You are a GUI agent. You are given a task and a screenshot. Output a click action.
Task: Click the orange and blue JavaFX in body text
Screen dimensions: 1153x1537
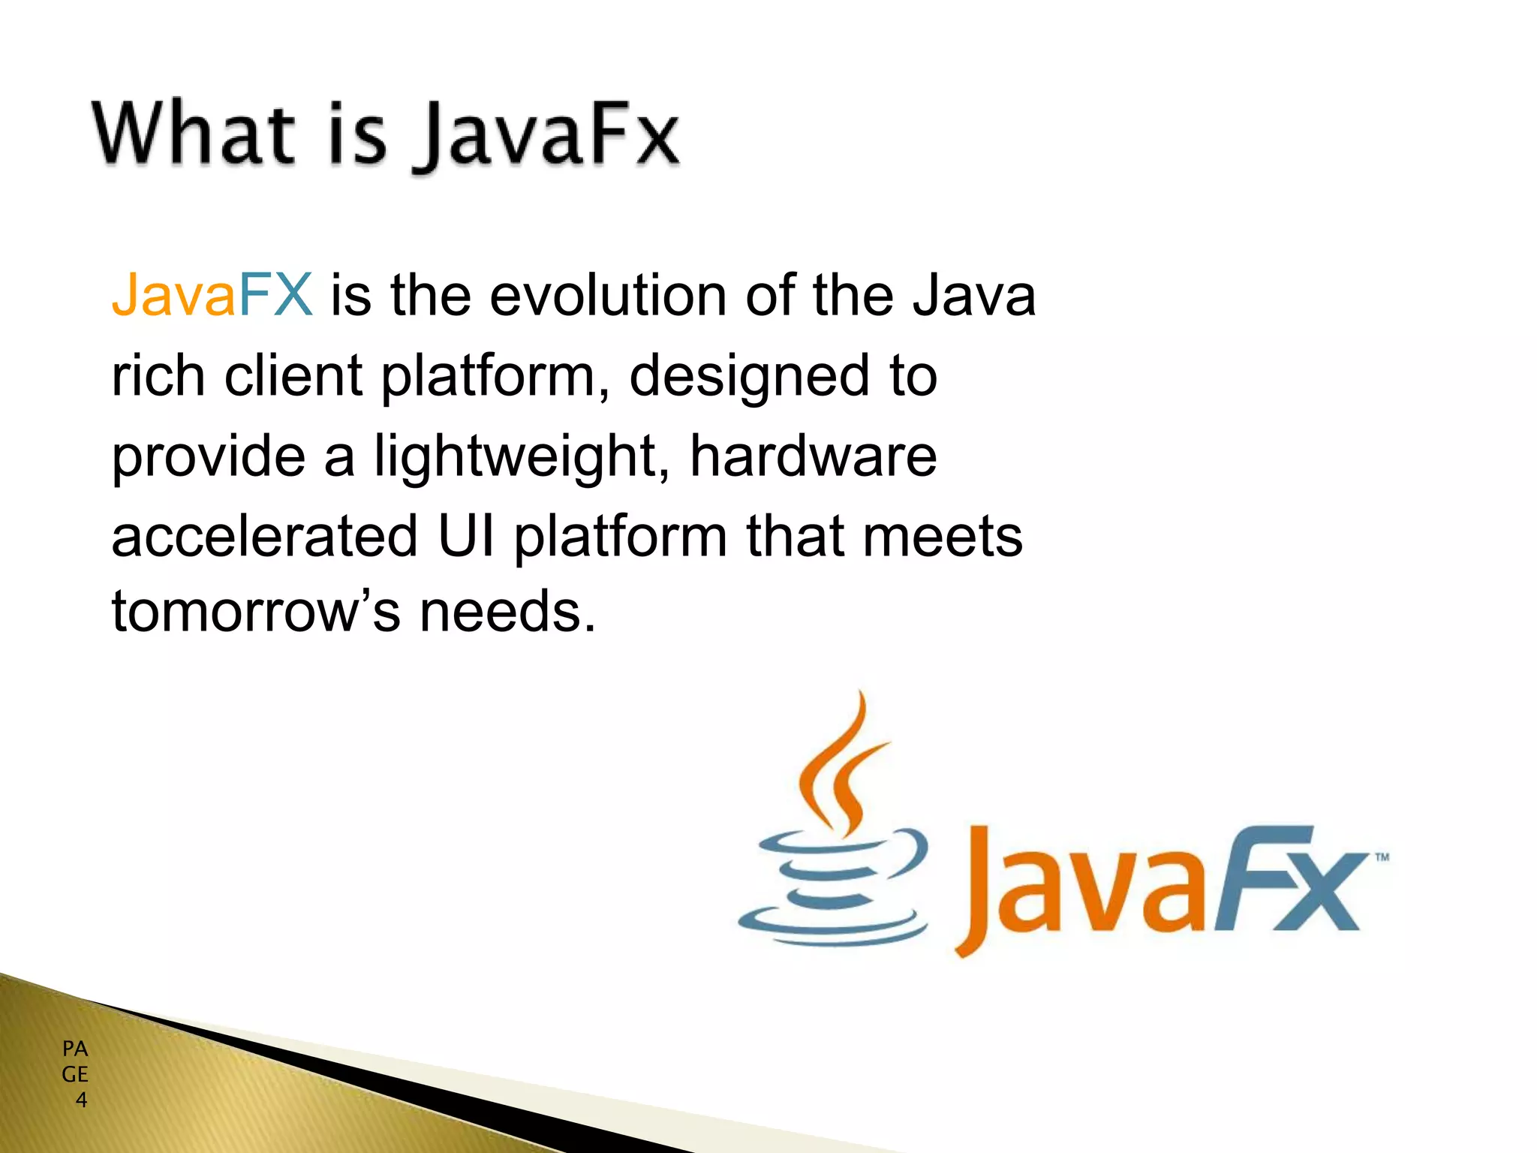pyautogui.click(x=212, y=295)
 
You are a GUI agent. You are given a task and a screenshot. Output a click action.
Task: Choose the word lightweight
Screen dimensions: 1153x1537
pyautogui.click(x=516, y=456)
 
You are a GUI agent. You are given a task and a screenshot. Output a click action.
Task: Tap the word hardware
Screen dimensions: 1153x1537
pyautogui.click(x=814, y=456)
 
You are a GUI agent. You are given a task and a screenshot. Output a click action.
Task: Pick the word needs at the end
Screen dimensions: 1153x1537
pyautogui.click(x=507, y=611)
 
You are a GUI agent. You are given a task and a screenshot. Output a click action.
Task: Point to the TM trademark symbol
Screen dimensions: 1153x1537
pyautogui.click(x=1381, y=857)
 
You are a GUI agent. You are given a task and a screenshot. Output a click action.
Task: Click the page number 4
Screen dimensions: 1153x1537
pyautogui.click(x=81, y=1100)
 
